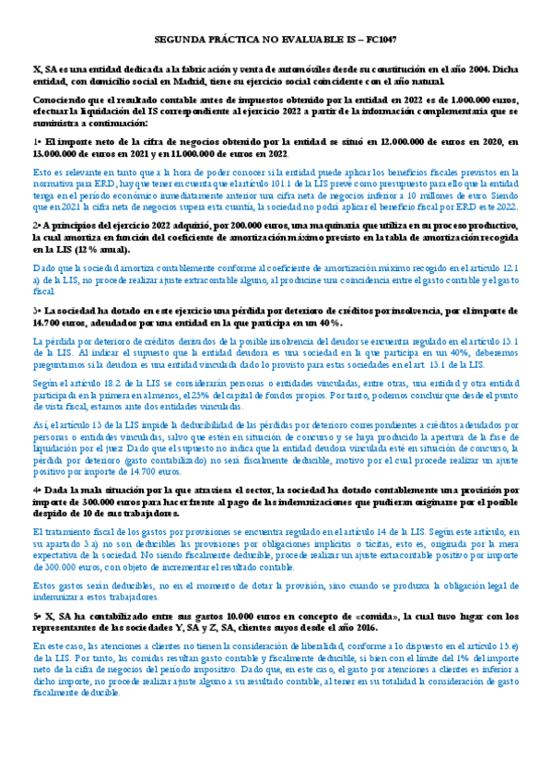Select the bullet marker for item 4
(x=36, y=491)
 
